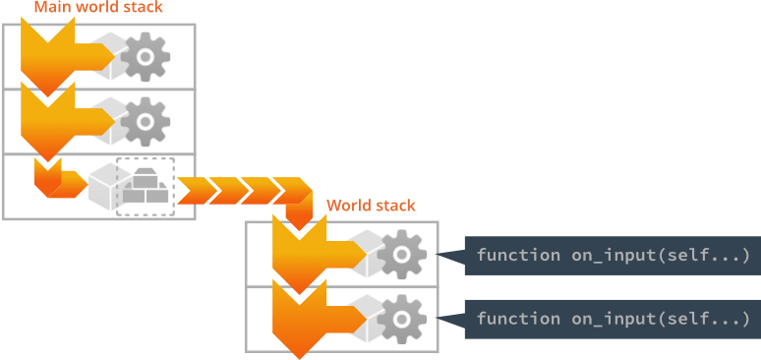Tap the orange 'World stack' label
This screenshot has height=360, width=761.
coord(371,206)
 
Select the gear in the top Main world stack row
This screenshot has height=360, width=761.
coord(146,57)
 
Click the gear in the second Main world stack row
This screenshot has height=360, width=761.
coord(146,121)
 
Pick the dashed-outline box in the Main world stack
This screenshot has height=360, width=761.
coord(145,185)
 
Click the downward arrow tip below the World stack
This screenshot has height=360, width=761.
coord(295,349)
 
